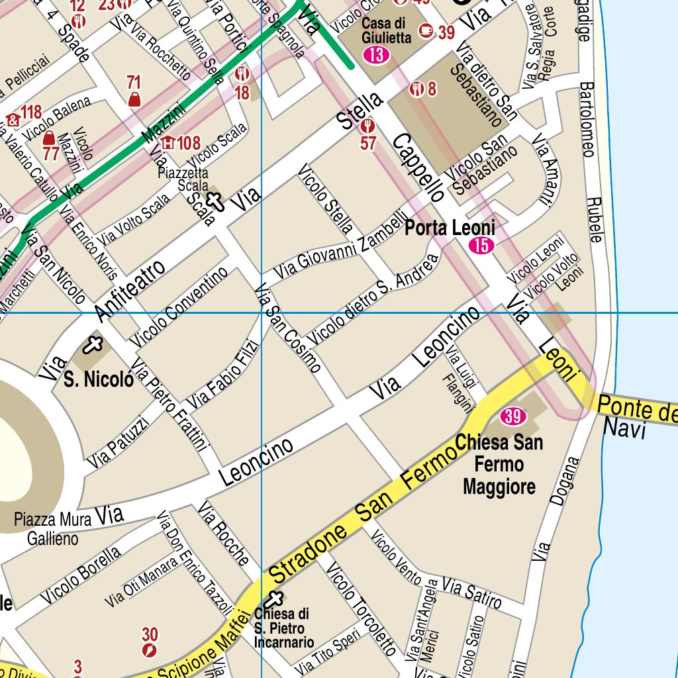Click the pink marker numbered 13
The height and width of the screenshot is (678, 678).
point(376,55)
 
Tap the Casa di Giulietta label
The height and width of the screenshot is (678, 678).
point(387,30)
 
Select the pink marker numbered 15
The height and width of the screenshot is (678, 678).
point(481,246)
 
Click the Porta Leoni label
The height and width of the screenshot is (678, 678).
point(450,228)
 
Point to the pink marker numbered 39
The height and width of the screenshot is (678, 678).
point(513,416)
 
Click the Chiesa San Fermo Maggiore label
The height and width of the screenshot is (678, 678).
point(499,465)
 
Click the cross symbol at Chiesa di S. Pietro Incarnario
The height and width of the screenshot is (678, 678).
point(274,600)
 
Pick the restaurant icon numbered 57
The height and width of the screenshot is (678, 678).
point(369,126)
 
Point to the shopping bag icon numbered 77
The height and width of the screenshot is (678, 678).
point(49,138)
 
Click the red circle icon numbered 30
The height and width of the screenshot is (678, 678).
point(150,650)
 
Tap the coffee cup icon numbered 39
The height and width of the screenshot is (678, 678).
point(426,30)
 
